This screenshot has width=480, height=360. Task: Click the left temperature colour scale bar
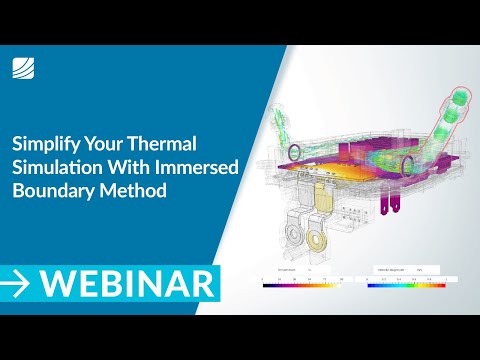pos(301,285)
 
